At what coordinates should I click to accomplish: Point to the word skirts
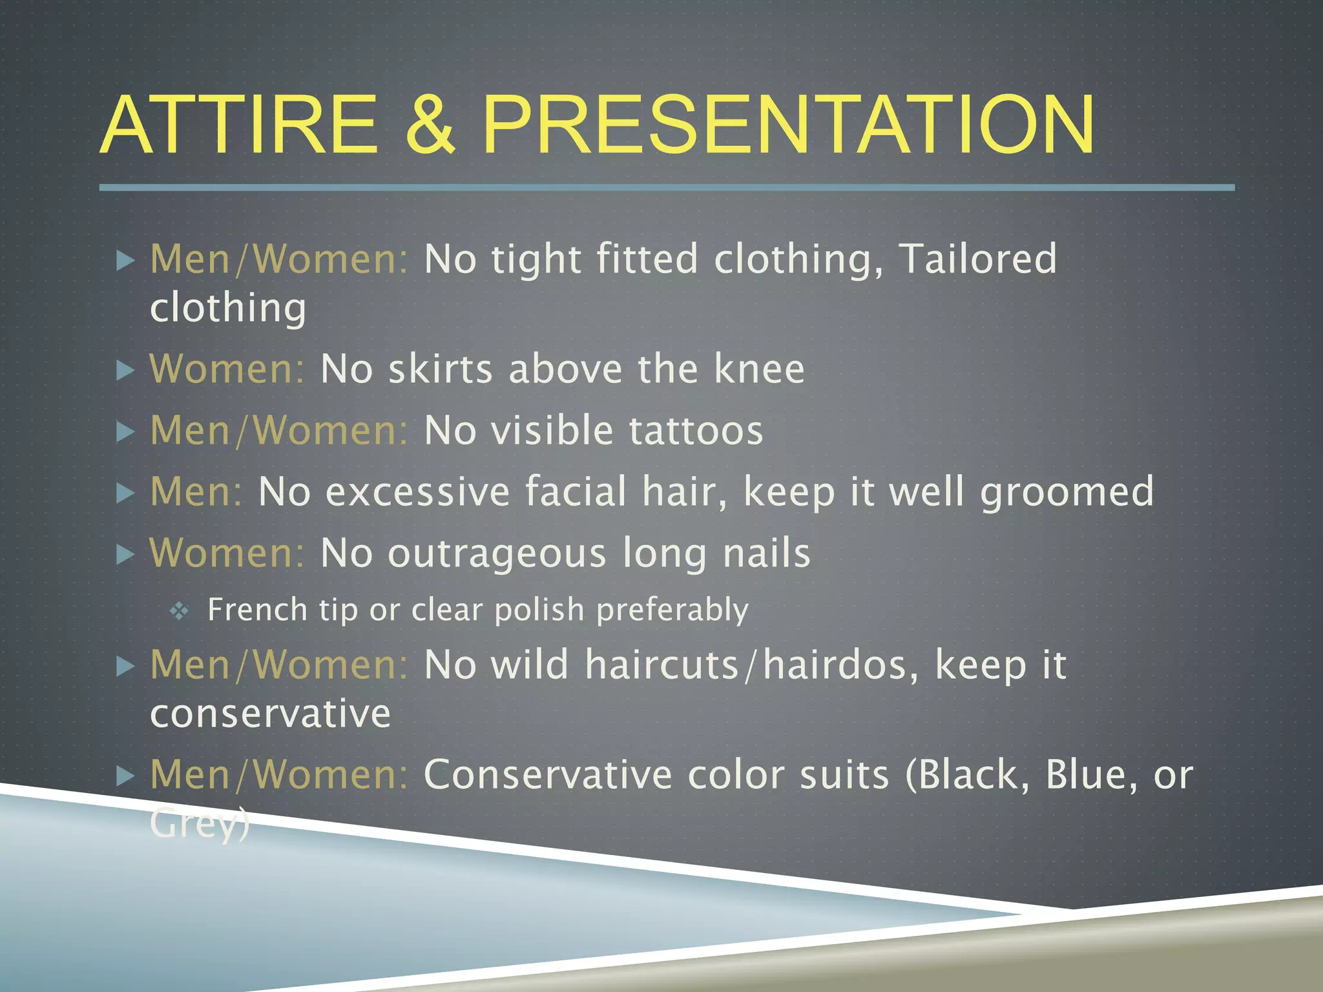[441, 369]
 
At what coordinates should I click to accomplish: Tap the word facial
[576, 491]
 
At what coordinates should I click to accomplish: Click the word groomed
[1067, 493]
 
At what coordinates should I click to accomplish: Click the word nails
[766, 553]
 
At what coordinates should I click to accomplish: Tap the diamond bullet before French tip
[179, 611]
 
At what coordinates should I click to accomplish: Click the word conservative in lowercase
[270, 714]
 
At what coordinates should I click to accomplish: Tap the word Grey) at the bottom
[200, 824]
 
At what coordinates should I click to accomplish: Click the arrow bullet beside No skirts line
[125, 370]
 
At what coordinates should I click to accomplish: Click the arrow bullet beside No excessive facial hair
[125, 493]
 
